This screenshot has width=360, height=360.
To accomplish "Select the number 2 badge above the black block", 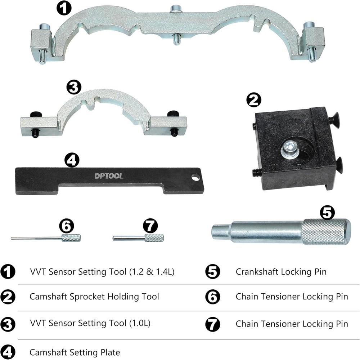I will click(254, 100).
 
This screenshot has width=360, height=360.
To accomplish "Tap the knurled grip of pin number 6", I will click(71, 238).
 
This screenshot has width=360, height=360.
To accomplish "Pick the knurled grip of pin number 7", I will click(154, 238).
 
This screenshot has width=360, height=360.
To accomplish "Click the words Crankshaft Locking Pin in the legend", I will click(281, 271).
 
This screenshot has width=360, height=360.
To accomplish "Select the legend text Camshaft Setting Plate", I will click(75, 352).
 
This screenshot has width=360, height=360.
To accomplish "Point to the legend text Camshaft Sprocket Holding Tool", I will click(94, 297).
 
